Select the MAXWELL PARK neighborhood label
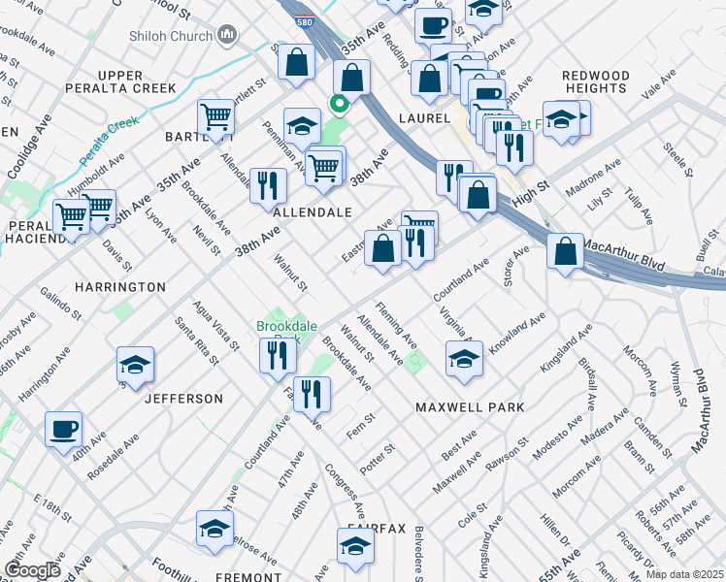click(x=470, y=407)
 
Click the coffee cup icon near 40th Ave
click(x=64, y=429)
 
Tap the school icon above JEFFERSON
click(x=135, y=364)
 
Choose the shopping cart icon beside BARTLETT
click(x=215, y=118)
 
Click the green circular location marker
click(x=340, y=106)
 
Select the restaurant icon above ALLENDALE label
click(x=268, y=185)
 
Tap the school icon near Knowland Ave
click(x=464, y=358)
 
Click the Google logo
click(x=32, y=570)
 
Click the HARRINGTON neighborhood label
click(x=116, y=288)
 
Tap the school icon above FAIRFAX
click(x=355, y=547)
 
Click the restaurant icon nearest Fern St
click(x=312, y=394)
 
